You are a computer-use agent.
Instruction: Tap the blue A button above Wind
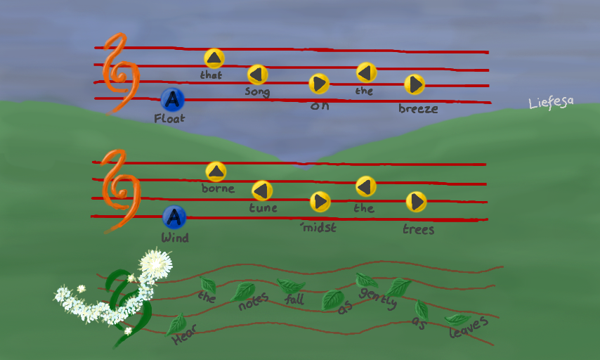point(174,218)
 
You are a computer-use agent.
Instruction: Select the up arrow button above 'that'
point(214,58)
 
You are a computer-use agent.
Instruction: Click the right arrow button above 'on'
point(319,84)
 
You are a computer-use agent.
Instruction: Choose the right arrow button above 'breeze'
point(415,84)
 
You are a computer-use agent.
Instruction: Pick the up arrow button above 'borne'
point(216,172)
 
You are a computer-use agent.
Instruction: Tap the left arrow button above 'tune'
point(262,191)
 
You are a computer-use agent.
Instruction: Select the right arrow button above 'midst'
point(320,202)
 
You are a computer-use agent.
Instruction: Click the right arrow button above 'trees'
point(416,202)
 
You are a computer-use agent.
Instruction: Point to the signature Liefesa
point(551,102)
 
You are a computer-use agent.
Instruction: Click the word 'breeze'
point(418,108)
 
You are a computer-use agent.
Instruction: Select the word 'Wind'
point(175,238)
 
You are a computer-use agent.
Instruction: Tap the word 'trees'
point(418,229)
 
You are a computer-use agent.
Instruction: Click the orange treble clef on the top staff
point(120,74)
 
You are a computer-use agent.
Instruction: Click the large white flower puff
point(155,263)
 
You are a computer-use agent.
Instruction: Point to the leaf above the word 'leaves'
point(457,319)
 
